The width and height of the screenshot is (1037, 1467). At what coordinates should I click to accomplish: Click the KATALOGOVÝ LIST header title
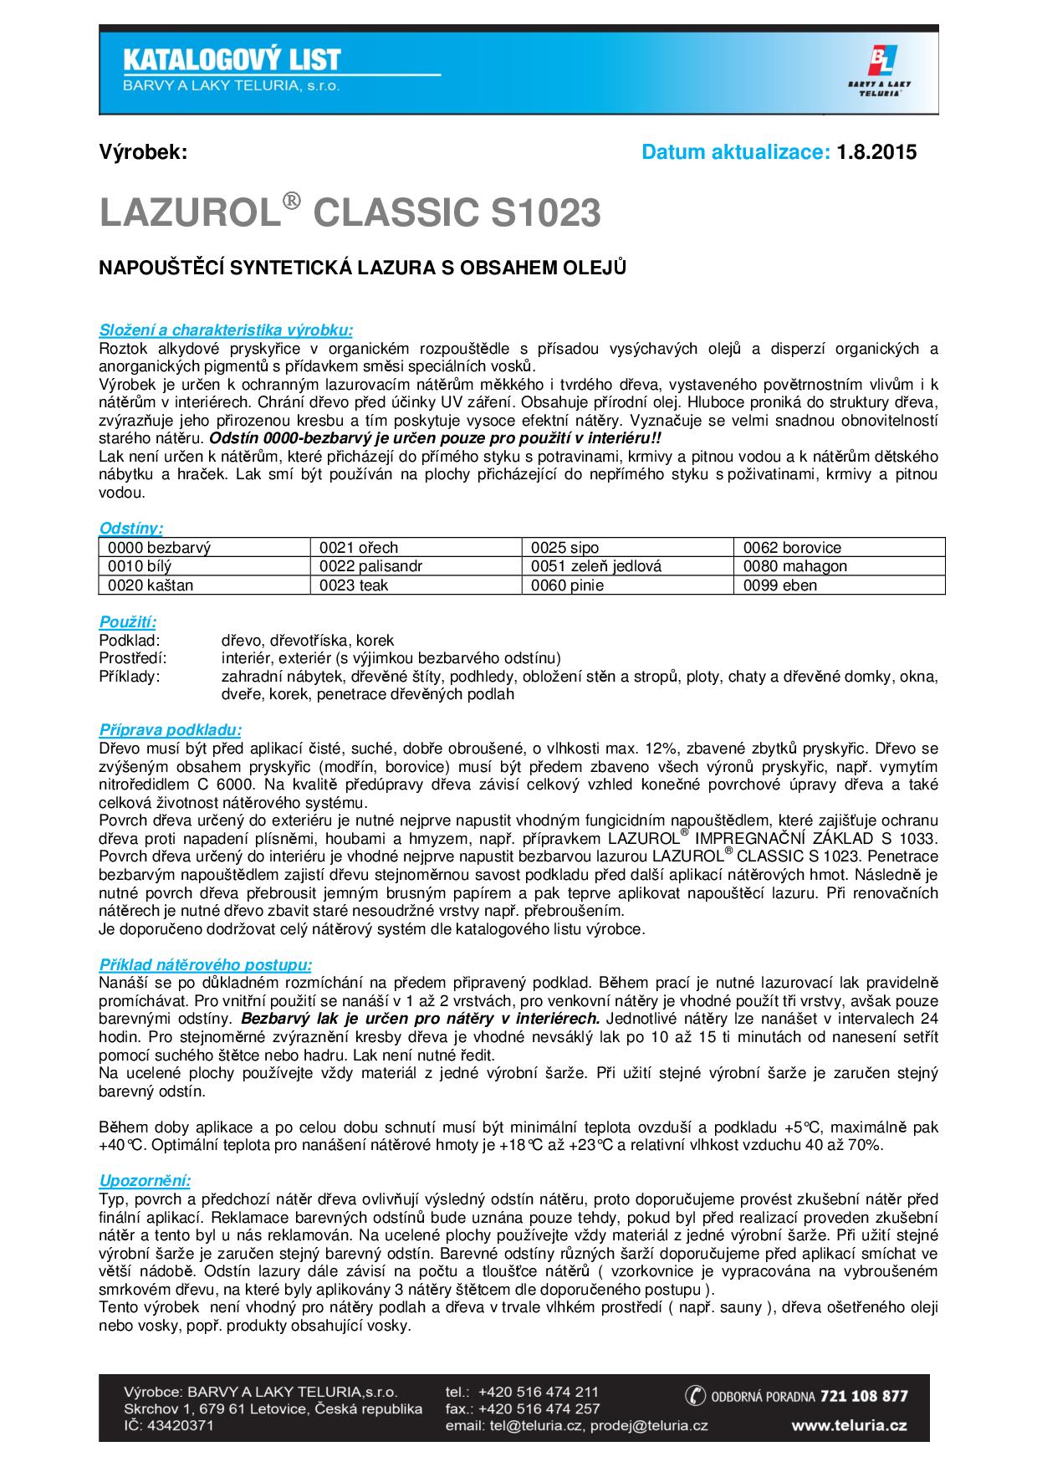232,59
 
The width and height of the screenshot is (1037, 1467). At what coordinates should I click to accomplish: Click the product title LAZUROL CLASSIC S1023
350,213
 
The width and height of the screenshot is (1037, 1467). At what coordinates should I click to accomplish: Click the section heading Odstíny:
131,529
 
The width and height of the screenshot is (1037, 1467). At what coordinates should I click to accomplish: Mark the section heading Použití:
128,622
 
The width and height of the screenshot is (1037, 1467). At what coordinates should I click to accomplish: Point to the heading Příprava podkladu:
171,729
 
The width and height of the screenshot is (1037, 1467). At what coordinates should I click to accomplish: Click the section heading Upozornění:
145,1181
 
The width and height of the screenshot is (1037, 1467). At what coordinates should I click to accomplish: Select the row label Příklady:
130,676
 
